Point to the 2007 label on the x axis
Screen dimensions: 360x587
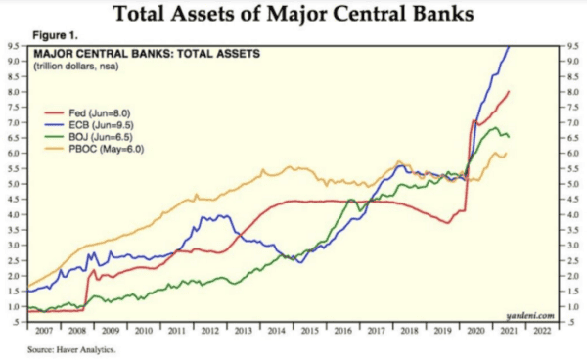pos(45,331)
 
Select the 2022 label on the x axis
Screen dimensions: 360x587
pos(540,331)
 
